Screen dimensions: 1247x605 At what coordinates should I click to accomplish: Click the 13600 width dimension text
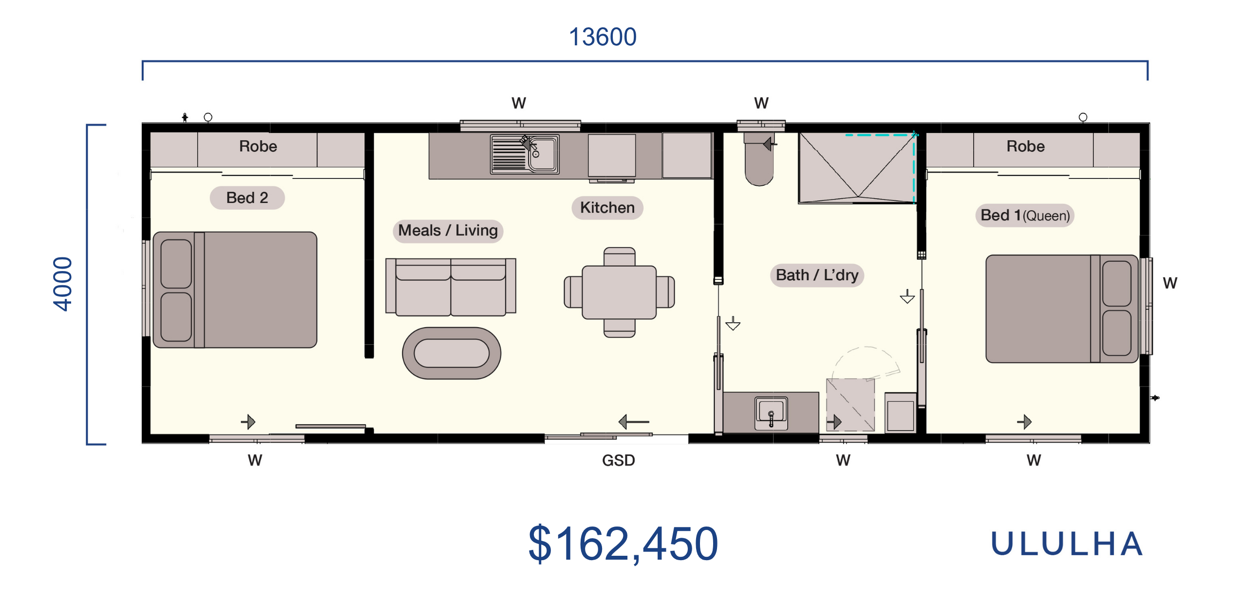click(603, 37)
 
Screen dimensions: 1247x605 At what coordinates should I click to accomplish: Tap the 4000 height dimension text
click(62, 284)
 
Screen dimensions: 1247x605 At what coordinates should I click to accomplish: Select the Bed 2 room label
click(247, 197)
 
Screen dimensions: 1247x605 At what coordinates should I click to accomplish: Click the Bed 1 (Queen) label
click(1025, 215)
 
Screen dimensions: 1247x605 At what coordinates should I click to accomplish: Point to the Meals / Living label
click(448, 230)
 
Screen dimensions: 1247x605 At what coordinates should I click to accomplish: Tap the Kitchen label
click(607, 208)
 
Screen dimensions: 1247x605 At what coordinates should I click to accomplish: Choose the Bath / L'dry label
click(817, 275)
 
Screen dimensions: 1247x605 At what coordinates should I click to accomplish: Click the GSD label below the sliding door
click(618, 460)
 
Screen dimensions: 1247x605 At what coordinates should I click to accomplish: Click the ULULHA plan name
click(1067, 544)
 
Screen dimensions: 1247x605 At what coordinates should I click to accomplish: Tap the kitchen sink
click(525, 154)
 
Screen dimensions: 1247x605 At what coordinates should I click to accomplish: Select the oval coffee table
click(452, 353)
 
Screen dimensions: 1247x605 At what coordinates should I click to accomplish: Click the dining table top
click(619, 292)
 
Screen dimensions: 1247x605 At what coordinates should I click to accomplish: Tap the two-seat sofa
click(451, 287)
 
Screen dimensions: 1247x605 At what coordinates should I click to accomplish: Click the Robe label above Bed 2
click(258, 146)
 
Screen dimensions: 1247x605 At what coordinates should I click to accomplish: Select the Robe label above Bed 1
click(1025, 146)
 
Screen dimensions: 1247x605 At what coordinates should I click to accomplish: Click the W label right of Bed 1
click(1170, 283)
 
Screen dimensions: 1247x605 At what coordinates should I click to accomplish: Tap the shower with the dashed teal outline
click(857, 168)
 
